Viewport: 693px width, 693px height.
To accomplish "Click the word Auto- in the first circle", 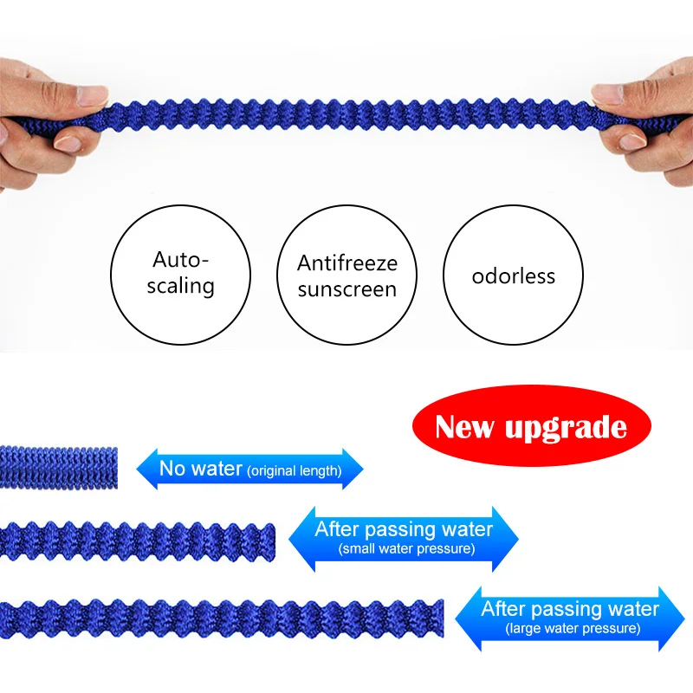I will coord(181,259).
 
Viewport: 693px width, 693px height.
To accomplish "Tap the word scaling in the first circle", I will coord(180,285).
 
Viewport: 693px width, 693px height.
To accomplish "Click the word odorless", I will coord(513,277).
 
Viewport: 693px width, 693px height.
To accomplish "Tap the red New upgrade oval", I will coord(531,427).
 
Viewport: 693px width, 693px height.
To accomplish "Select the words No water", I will coord(200,470).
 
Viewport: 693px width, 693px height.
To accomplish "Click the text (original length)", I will coord(295,472).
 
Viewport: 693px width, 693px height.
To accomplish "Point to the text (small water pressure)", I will coord(406,548).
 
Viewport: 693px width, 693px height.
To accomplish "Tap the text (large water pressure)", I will coord(573,627).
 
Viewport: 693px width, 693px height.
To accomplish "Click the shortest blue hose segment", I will coord(58,467).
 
